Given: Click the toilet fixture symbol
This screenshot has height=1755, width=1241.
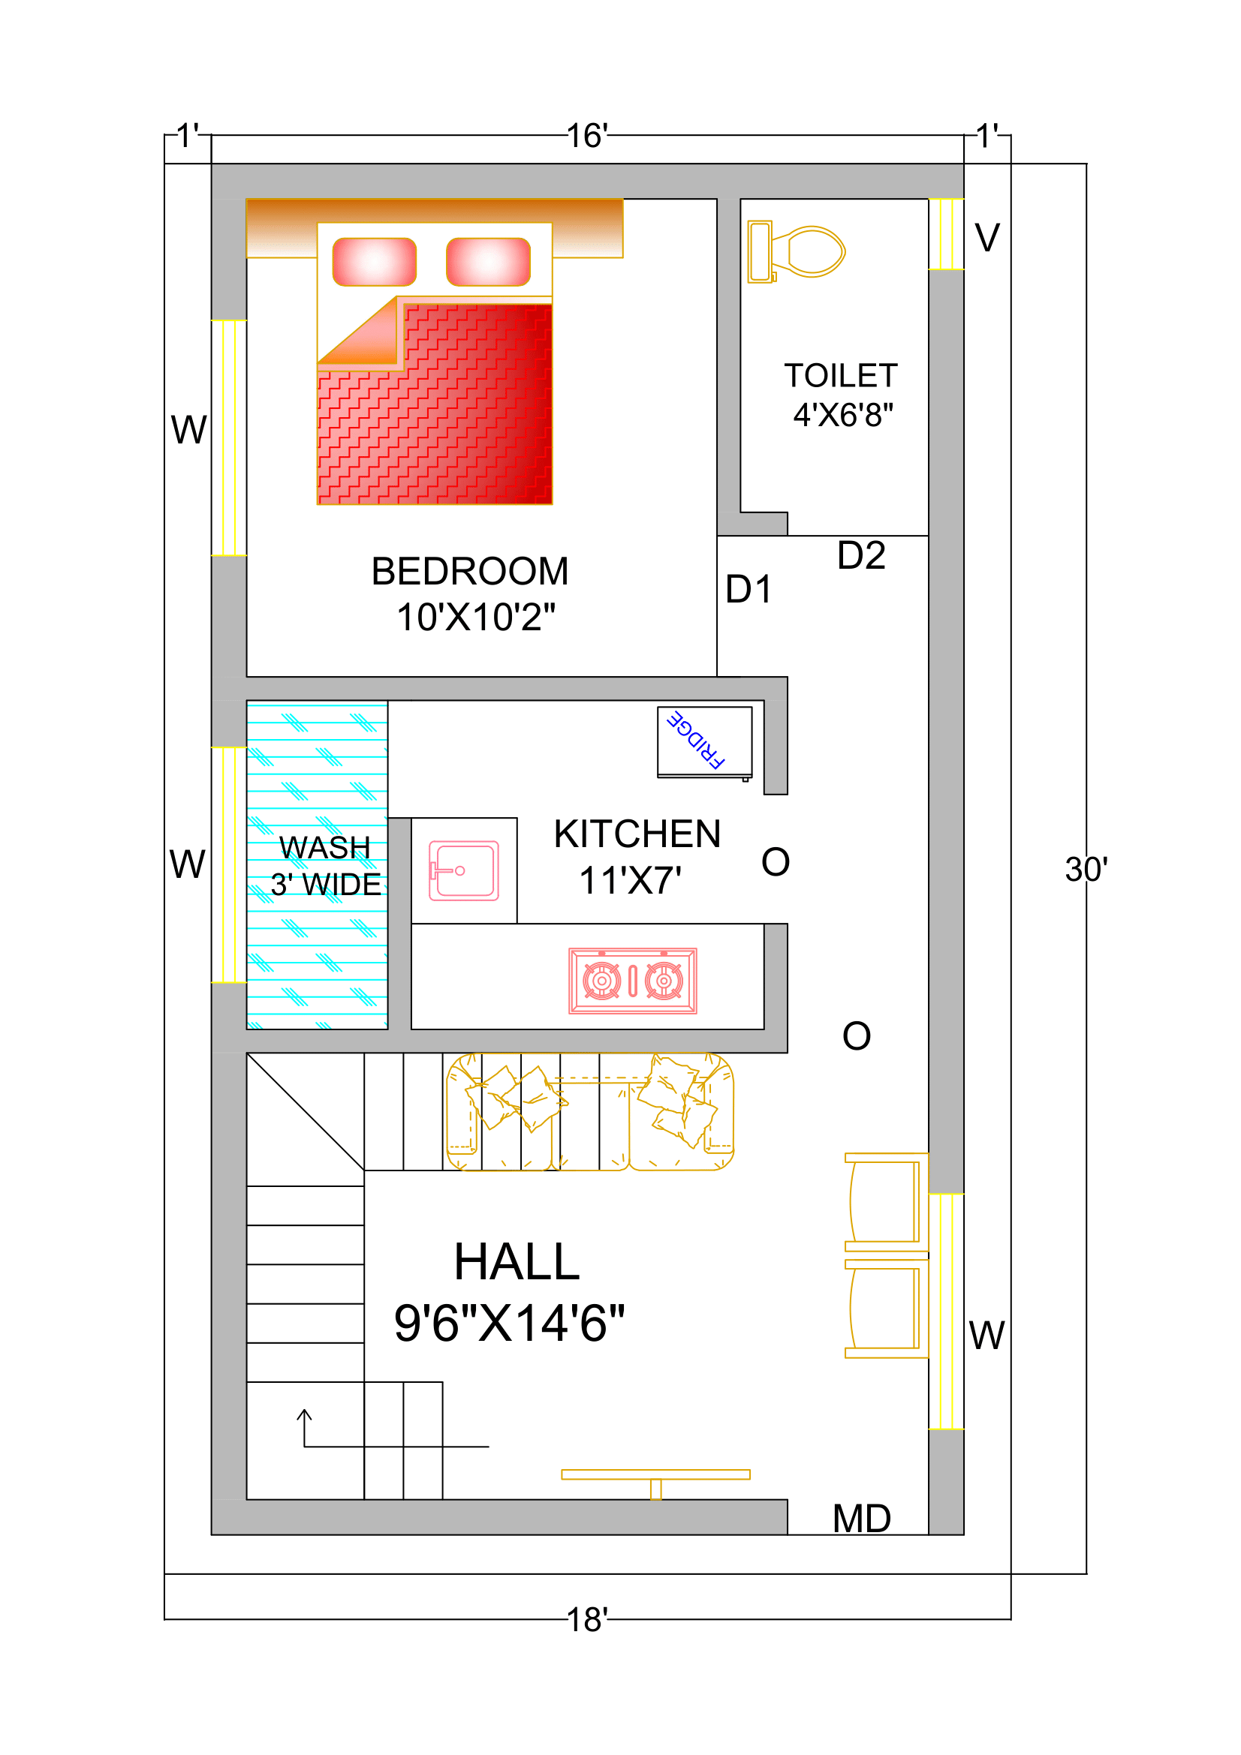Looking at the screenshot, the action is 796,251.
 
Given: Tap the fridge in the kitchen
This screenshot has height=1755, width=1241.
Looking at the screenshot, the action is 704,742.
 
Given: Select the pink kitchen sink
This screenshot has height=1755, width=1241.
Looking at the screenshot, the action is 463,870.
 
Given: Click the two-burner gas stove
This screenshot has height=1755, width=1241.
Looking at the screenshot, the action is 632,981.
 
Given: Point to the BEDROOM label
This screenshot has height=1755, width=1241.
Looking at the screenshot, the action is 469,571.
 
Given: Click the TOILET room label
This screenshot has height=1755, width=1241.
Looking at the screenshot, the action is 840,375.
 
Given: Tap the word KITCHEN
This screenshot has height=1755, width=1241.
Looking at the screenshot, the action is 637,833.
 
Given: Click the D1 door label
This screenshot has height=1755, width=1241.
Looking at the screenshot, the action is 748,588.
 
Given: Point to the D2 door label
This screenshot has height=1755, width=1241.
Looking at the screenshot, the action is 861,555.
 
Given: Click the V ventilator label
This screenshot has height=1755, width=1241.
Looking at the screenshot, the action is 987,237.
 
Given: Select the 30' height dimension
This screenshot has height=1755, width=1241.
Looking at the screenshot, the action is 1086,869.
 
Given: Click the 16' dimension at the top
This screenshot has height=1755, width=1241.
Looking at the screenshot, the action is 587,135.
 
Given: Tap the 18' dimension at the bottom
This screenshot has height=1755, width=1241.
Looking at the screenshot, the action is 587,1620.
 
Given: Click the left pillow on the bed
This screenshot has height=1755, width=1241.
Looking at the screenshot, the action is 375,261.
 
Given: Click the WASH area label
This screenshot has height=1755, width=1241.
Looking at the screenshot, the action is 324,848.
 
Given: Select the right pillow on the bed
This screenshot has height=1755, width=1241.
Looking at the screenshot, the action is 488,261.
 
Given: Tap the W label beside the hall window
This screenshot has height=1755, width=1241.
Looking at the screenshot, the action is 986,1336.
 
